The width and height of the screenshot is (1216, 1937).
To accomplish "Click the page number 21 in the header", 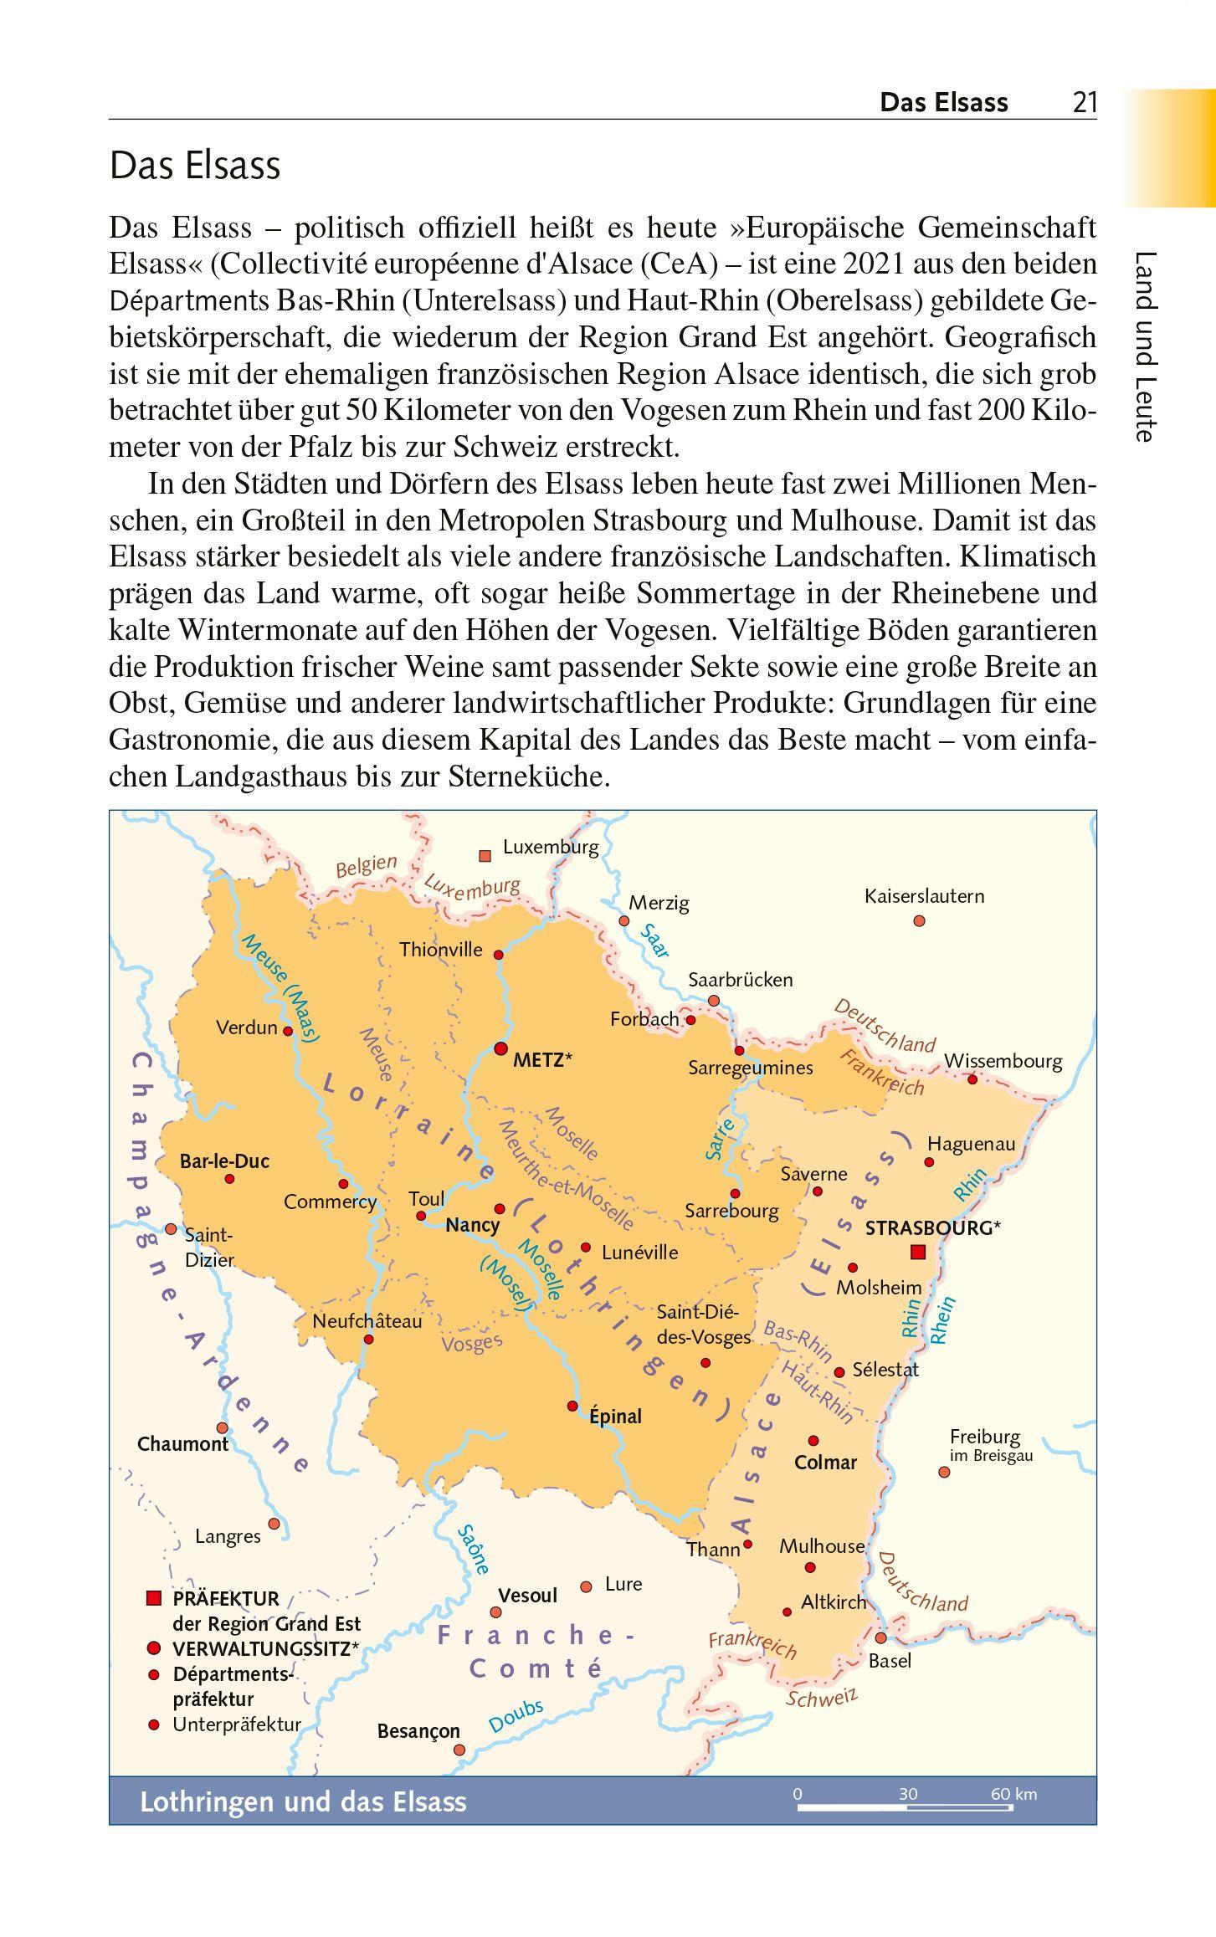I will [1084, 103].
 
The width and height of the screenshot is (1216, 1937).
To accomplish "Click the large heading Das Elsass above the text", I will [195, 166].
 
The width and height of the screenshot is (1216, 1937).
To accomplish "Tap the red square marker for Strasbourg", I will [918, 1252].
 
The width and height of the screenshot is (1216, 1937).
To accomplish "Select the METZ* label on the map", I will [542, 1059].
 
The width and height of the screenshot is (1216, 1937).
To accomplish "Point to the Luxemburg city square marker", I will [485, 855].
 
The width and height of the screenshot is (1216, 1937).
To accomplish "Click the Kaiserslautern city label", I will [924, 896].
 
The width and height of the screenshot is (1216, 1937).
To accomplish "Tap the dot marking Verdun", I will [288, 1031].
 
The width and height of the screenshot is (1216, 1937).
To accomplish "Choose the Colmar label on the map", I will [825, 1463].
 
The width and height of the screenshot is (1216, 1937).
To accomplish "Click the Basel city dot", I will [880, 1637].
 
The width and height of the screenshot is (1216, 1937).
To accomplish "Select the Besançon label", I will [418, 1731].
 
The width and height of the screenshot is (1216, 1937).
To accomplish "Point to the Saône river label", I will [473, 1550].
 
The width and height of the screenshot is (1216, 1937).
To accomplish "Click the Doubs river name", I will [516, 1717].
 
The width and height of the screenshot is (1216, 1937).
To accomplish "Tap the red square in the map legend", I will [153, 1599].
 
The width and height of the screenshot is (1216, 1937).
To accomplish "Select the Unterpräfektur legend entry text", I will [237, 1724].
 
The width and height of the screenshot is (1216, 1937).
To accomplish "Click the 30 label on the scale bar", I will [908, 1793].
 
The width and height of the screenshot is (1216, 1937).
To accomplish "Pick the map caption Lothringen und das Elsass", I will [303, 1801].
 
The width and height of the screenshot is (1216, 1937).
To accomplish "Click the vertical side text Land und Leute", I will [1145, 346].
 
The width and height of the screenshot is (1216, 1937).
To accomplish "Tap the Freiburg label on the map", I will [985, 1437].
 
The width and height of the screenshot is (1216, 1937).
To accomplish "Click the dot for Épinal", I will [573, 1406].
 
